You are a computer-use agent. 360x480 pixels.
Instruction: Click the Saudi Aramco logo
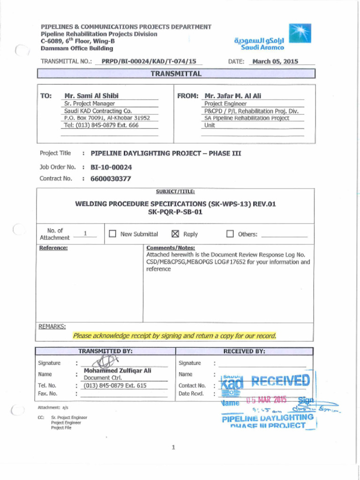pos(299,33)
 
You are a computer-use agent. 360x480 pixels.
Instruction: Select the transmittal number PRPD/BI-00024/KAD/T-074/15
pos(149,61)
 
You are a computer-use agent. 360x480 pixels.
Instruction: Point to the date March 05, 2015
pos(275,61)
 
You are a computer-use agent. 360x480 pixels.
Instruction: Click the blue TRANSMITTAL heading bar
pos(176,74)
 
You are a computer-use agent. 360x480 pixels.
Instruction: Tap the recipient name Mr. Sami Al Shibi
pos(91,96)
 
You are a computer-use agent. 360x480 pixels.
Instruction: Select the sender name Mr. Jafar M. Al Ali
pos(232,96)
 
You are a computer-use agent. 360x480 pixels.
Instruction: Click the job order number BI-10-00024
pos(111,167)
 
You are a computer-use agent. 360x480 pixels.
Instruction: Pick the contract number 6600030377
pos(111,179)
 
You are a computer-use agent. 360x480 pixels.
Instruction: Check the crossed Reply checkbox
pos(176,234)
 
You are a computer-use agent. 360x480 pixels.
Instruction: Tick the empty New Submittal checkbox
pos(112,234)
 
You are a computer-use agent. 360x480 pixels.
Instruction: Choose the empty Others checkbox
pos(230,234)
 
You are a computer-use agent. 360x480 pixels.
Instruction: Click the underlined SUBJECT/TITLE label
pos(175,191)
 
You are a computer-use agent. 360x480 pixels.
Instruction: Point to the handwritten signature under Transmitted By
pos(106,362)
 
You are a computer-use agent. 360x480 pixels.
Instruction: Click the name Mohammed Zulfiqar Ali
pos(117,370)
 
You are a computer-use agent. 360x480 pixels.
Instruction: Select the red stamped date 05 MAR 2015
pos(266,400)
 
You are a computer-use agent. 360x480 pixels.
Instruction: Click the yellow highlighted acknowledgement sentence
pos(174,336)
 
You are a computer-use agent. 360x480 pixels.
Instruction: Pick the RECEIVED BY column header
pos(244,351)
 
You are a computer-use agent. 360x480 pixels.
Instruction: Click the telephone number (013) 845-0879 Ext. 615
pos(115,385)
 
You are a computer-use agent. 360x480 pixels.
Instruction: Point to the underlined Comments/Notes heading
pos(170,247)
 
